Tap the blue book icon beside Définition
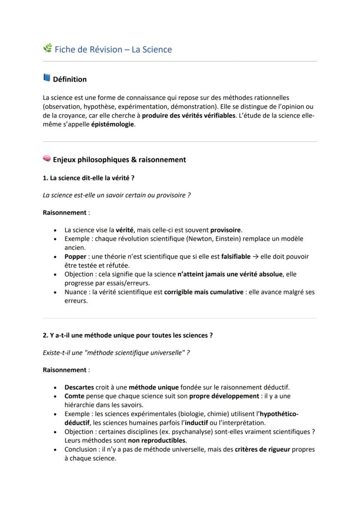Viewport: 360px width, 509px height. tap(47, 78)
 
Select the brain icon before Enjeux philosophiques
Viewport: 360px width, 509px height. tap(47, 159)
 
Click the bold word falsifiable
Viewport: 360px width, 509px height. tap(236, 256)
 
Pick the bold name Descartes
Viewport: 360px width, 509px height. tap(79, 387)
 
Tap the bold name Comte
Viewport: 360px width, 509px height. tap(74, 396)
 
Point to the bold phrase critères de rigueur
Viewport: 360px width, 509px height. tap(262, 449)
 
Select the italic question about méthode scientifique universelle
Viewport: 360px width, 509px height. tap(116, 353)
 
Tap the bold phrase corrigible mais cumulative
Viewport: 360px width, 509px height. tap(203, 292)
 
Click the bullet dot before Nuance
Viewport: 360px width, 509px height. tap(55, 292)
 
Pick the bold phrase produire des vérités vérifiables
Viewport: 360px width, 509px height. tap(188, 115)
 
